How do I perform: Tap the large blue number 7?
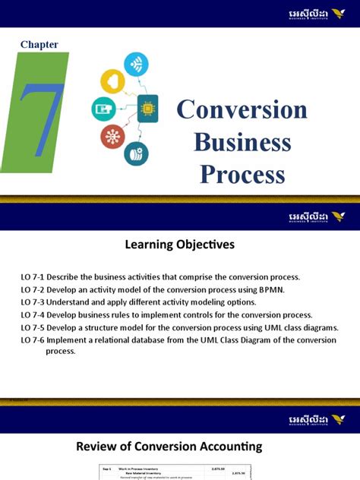tap(39, 113)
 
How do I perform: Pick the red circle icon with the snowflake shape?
tap(111, 137)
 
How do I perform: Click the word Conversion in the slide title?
tap(242, 110)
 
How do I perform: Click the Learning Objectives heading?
tap(179, 245)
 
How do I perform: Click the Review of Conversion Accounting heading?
tap(179, 446)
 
